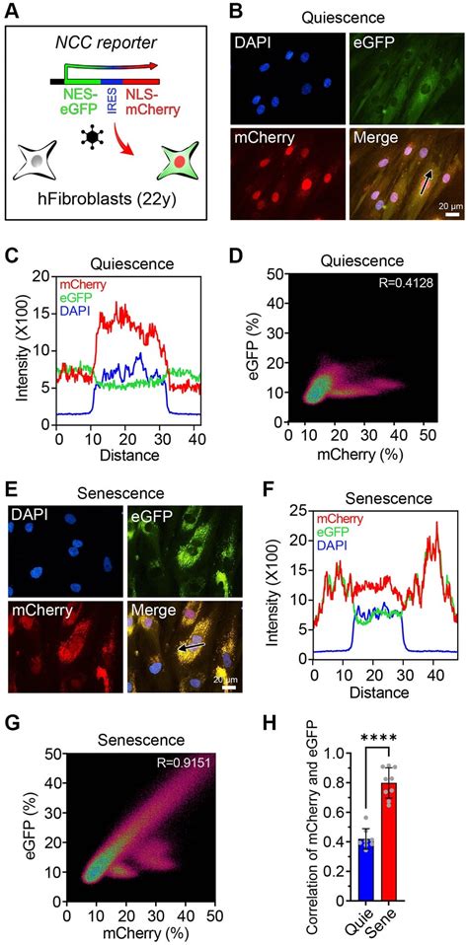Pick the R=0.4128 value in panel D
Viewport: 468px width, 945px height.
coord(425,297)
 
